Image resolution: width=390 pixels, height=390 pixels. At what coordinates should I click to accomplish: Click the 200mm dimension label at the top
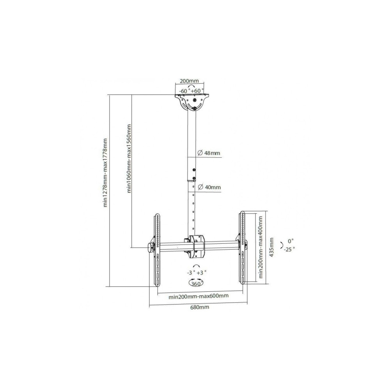(189, 81)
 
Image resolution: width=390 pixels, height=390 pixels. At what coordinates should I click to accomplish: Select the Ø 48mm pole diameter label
(209, 153)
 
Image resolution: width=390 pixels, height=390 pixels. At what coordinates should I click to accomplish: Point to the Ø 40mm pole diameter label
(209, 187)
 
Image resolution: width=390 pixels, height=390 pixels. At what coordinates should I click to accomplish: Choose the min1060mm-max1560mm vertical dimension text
(129, 158)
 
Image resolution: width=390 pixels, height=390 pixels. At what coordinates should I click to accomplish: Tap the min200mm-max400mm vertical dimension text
(261, 247)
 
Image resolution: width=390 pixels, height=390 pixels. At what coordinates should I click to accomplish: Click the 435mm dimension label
(271, 247)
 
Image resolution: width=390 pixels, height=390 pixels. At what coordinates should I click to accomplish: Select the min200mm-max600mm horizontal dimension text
(199, 296)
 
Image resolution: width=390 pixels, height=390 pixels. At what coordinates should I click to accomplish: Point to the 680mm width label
(200, 307)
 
